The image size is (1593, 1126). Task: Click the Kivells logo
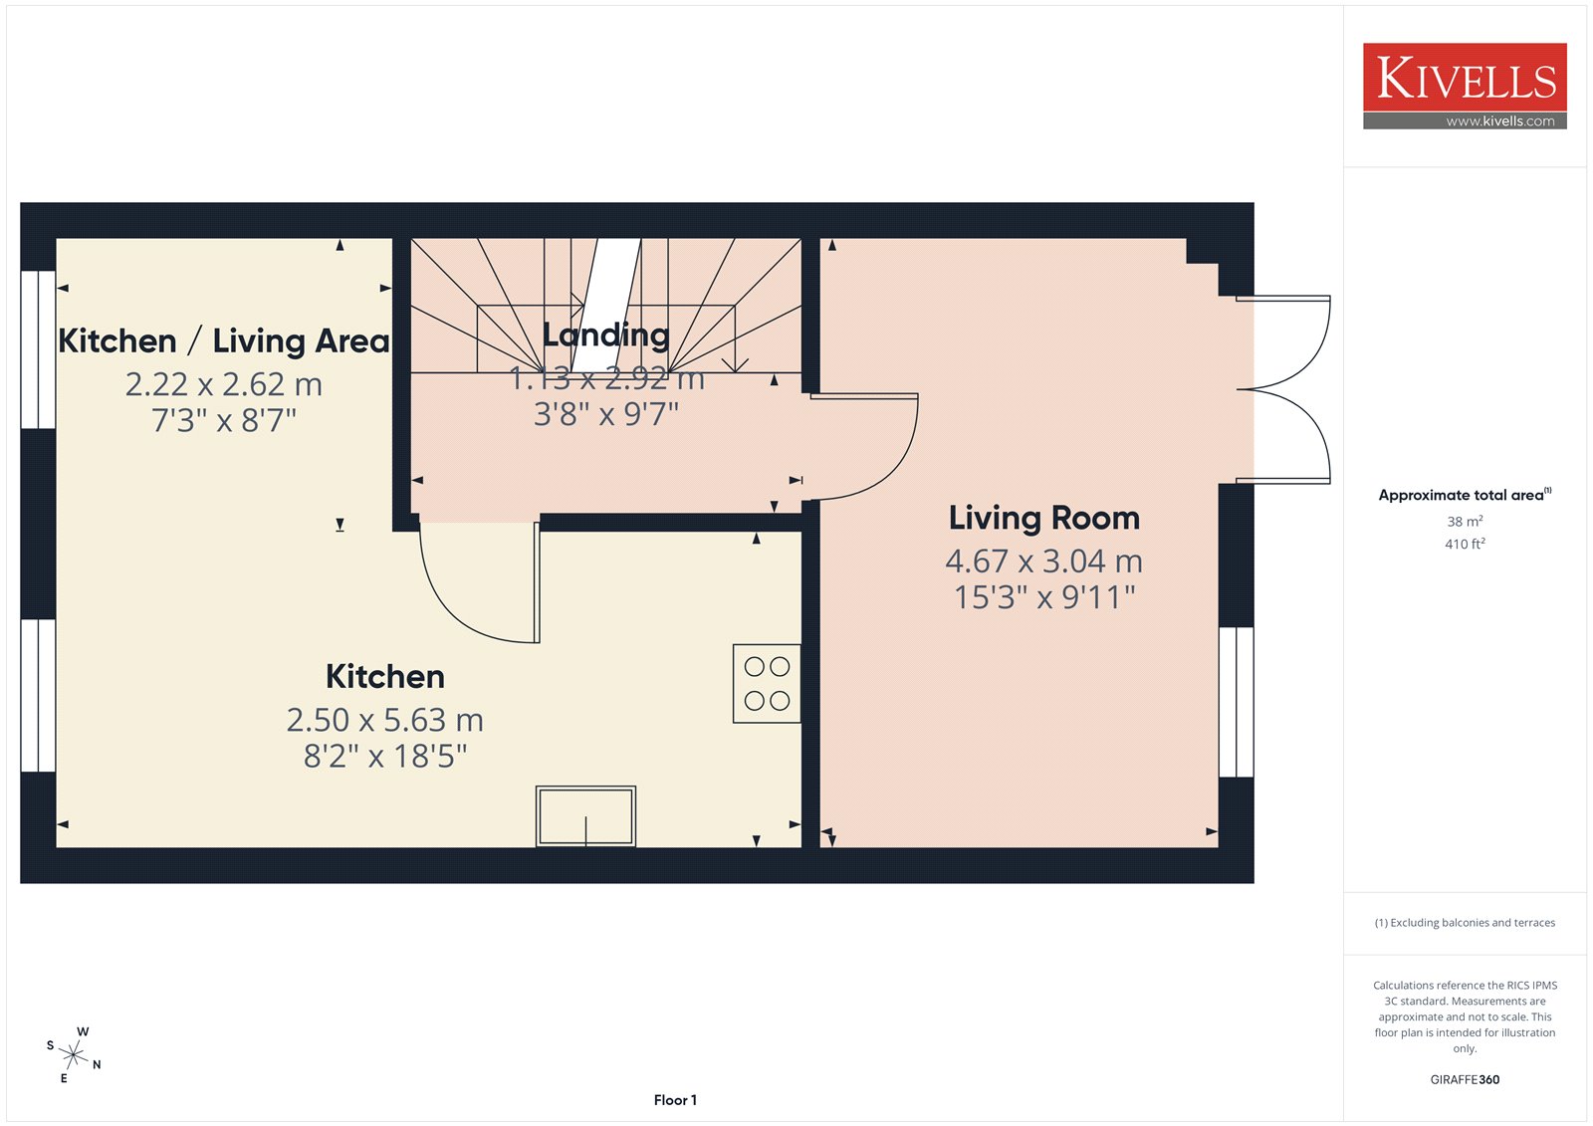click(x=1465, y=86)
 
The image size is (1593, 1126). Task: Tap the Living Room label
click(x=1044, y=518)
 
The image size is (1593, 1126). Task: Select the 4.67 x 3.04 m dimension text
click(x=1044, y=562)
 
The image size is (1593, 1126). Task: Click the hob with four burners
click(x=767, y=684)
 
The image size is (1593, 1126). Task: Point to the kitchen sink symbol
click(x=585, y=815)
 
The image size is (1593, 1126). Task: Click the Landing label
click(x=606, y=336)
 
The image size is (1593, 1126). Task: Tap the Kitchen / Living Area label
click(x=224, y=340)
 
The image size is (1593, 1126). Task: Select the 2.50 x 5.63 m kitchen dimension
click(x=384, y=720)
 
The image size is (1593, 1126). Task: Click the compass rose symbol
click(x=74, y=1054)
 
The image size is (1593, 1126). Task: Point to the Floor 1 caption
click(x=675, y=1100)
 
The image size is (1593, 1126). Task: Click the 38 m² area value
click(x=1465, y=522)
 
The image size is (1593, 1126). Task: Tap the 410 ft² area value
click(x=1465, y=544)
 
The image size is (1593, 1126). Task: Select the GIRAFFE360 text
click(x=1465, y=1079)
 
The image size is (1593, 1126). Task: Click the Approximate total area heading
click(x=1465, y=495)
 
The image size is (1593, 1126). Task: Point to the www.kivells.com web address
click(x=1499, y=120)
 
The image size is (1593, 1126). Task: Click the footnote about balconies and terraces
click(x=1465, y=923)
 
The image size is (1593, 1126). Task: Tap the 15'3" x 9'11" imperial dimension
click(x=1044, y=597)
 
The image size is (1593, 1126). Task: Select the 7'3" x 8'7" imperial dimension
click(x=224, y=420)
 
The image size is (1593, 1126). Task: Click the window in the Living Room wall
click(x=1236, y=701)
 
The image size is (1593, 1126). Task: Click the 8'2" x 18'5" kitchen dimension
click(x=384, y=756)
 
